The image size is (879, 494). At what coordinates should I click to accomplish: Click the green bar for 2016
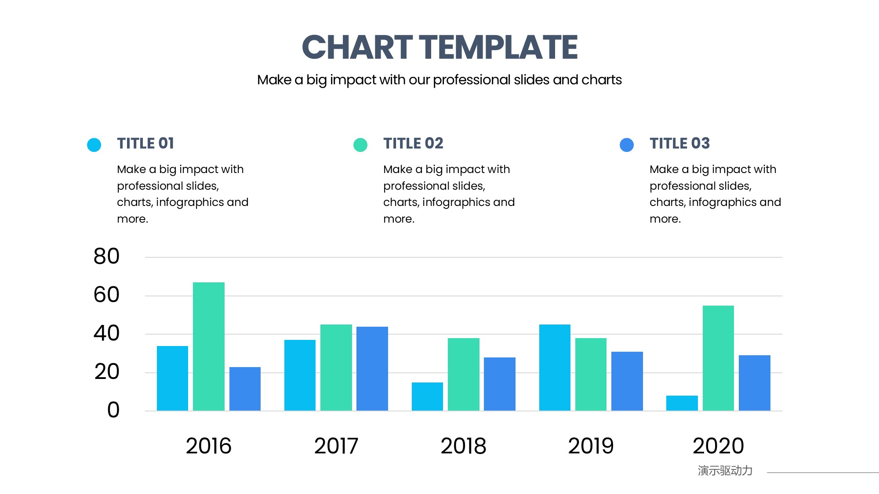(209, 346)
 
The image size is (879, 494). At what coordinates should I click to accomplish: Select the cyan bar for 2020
(682, 403)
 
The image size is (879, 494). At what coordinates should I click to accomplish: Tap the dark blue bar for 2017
(372, 369)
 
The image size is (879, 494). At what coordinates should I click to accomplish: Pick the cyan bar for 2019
(555, 368)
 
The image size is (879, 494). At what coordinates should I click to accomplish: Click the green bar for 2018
(464, 375)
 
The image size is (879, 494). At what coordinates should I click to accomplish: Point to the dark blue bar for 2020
(755, 383)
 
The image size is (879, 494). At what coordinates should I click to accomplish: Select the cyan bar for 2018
(427, 397)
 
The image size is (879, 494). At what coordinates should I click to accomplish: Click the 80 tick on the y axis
(106, 256)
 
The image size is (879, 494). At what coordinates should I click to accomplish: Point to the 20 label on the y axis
(106, 372)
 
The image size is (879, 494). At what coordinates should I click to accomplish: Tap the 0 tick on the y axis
(113, 410)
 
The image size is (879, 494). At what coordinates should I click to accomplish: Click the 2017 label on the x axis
(336, 446)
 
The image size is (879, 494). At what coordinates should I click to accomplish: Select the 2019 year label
(591, 446)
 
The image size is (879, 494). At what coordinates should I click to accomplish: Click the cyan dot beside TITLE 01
(94, 145)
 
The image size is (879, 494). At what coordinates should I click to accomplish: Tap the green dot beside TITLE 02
(360, 145)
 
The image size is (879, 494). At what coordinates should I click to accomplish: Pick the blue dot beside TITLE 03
(627, 145)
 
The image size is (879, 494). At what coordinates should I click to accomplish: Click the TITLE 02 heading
(413, 144)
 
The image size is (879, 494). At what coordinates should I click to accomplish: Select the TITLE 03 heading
(679, 144)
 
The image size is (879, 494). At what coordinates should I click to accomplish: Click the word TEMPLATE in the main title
(498, 47)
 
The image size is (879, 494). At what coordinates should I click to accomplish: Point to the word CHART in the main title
(357, 47)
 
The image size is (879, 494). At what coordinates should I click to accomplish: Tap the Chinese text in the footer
(725, 471)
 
